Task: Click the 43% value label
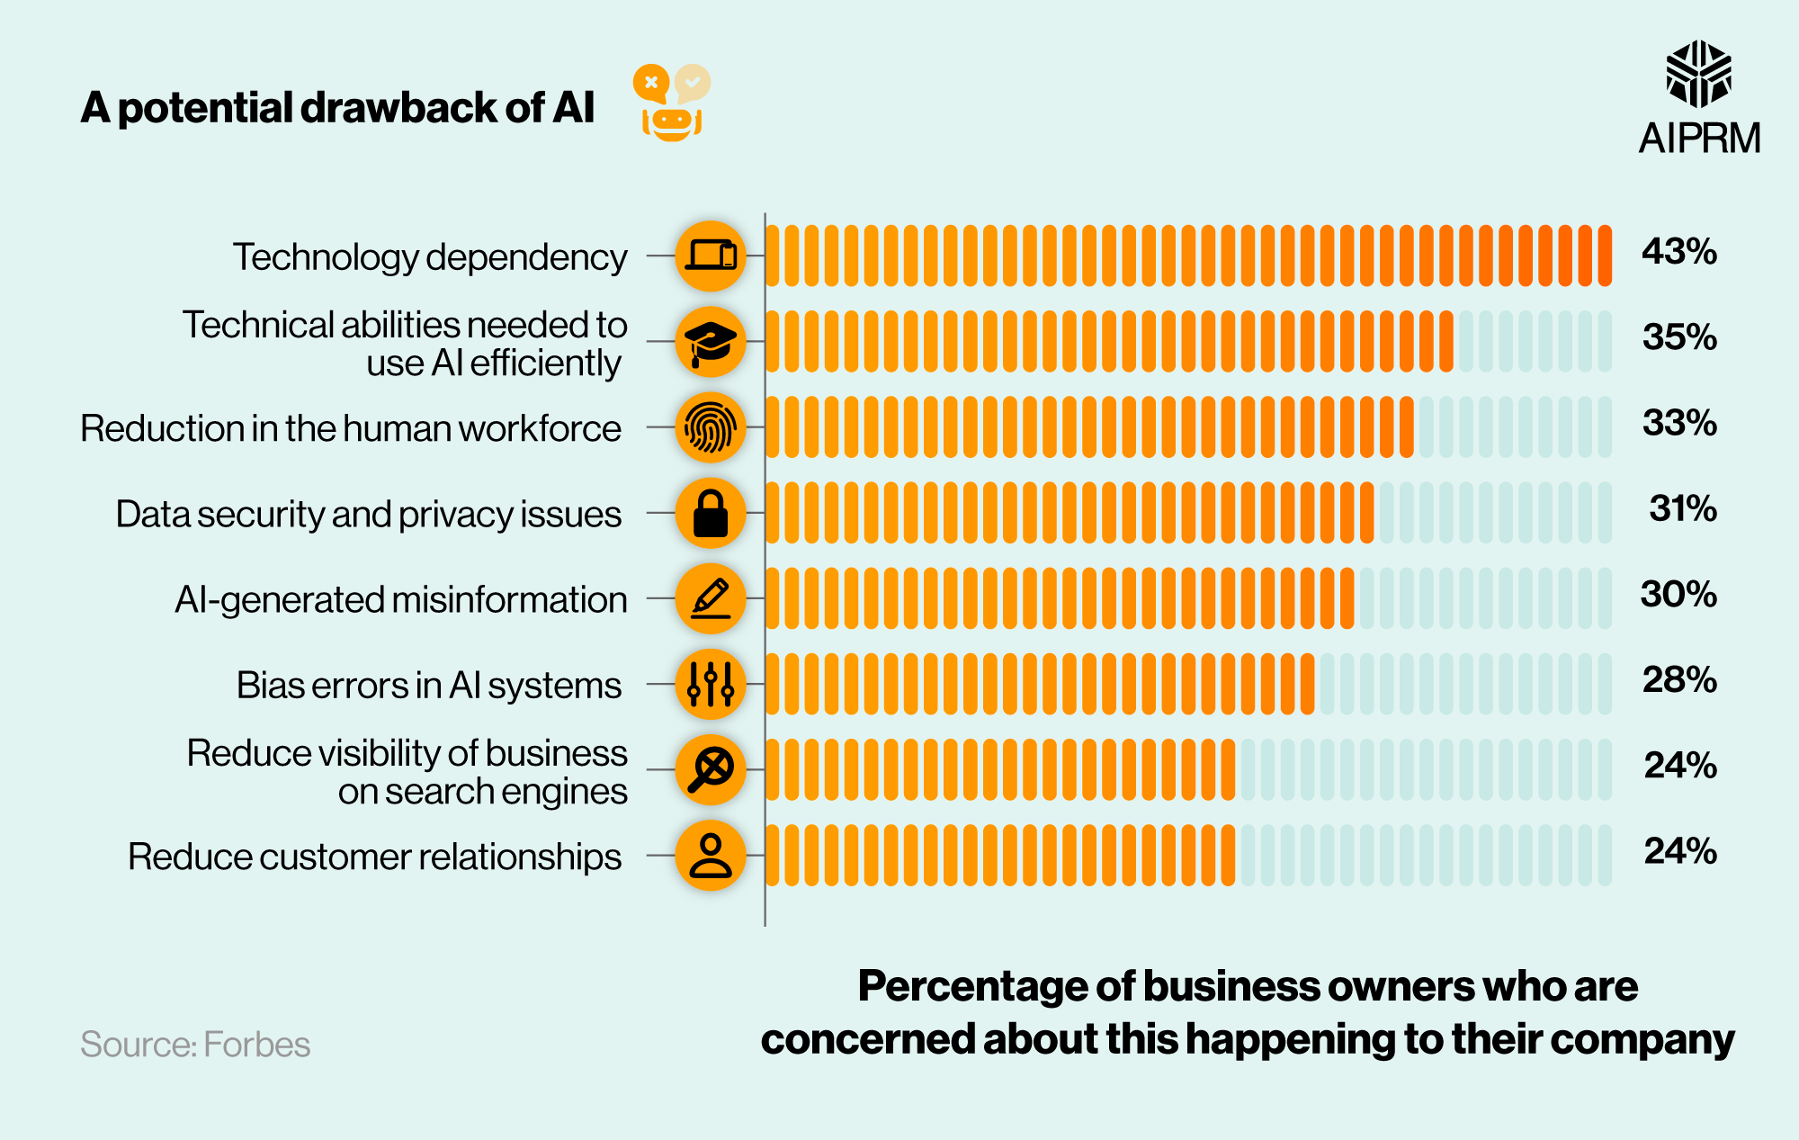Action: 1678,251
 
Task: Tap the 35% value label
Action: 1678,337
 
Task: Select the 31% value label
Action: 1682,508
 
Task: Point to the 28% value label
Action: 1678,679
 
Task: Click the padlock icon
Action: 711,513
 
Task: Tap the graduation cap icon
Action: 711,342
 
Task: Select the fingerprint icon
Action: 711,427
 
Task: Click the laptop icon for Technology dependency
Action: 711,256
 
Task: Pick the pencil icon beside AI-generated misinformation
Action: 711,598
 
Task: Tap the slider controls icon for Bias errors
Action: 711,684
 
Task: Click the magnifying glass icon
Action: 711,770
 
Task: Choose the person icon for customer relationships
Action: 711,856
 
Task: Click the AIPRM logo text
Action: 1698,139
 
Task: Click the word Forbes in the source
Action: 256,1045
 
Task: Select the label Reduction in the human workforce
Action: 351,428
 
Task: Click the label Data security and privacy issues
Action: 369,514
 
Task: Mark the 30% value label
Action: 1678,594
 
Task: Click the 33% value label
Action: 1678,423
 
